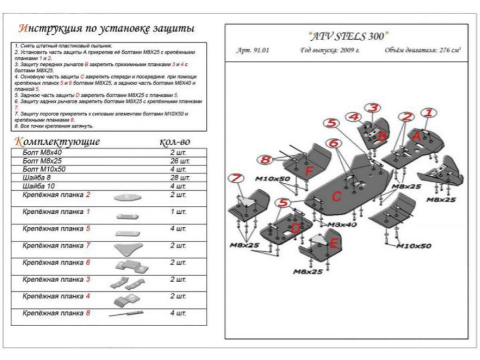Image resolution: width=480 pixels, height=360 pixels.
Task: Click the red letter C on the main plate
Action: (336, 197)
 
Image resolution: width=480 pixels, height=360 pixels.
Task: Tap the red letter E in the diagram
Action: (334, 243)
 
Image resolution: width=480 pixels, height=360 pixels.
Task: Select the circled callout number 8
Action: (266, 160)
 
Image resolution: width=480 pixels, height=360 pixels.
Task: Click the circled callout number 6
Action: (332, 143)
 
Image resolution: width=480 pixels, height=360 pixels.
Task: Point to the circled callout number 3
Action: (372, 108)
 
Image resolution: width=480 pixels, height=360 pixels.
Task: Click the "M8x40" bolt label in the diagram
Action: (342, 225)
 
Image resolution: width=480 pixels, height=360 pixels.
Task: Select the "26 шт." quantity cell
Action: (180, 161)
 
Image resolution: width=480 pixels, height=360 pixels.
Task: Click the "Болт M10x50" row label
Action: (44, 169)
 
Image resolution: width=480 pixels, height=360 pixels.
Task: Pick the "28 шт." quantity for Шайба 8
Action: (180, 178)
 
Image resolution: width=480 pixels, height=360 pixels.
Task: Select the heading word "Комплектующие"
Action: (57, 141)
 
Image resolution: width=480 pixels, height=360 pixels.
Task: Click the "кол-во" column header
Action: (174, 142)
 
